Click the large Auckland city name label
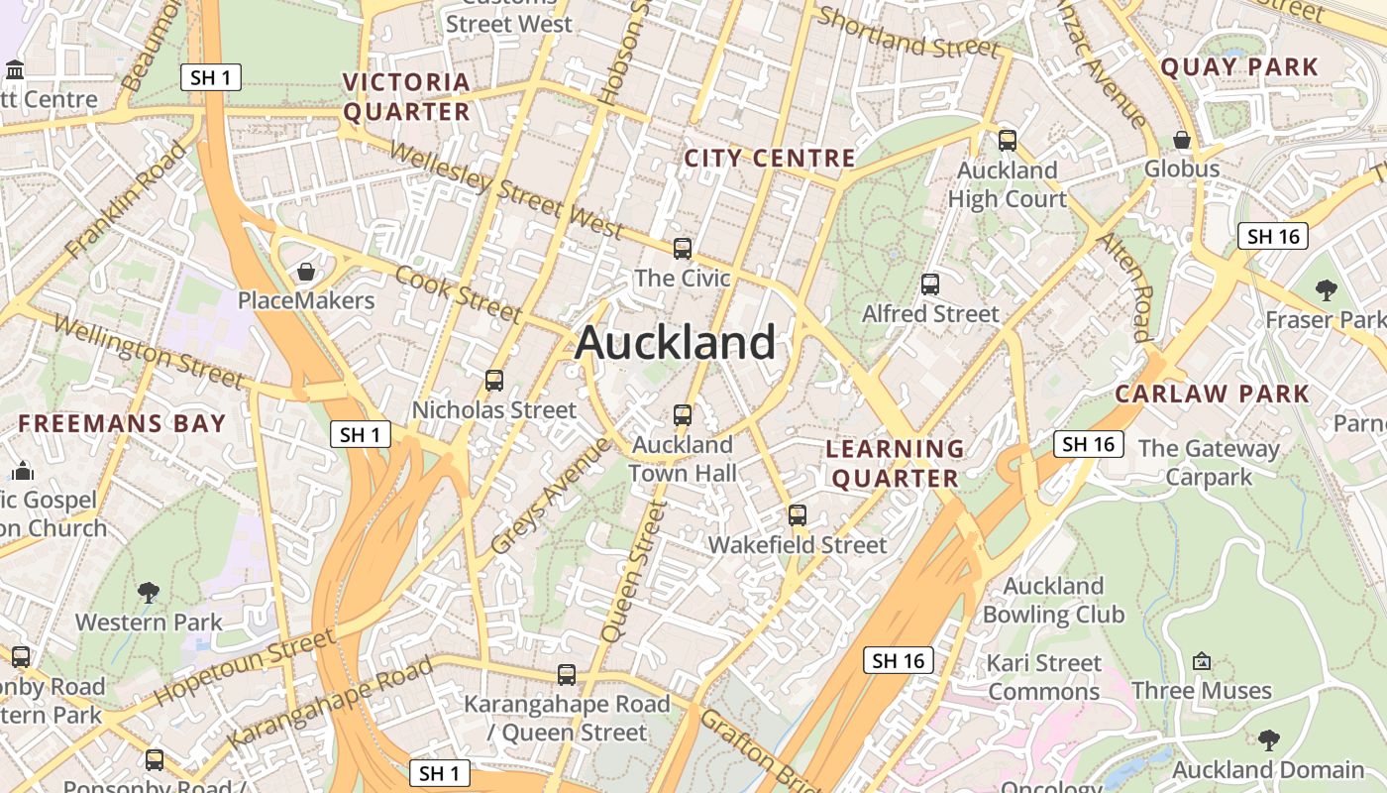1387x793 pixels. tap(675, 343)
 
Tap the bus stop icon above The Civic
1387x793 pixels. tap(683, 248)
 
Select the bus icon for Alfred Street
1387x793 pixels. tap(930, 284)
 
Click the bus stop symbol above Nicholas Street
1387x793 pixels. tap(494, 380)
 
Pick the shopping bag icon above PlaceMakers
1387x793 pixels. tap(306, 271)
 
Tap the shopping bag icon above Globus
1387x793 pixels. tap(1181, 140)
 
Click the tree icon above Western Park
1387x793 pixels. tap(149, 593)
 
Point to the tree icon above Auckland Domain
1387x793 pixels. tap(1268, 739)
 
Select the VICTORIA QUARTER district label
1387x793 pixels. tap(406, 96)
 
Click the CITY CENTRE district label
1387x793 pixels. tap(770, 159)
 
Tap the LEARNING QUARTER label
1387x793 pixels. tap(896, 464)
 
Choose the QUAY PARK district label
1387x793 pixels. tap(1239, 67)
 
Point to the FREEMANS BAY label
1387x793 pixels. tap(123, 423)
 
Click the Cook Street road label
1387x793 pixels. tap(458, 293)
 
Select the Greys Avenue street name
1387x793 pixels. tap(551, 496)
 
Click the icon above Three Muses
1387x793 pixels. tap(1202, 661)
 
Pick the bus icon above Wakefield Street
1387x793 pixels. tap(798, 515)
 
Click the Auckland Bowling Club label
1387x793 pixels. tap(1053, 601)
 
